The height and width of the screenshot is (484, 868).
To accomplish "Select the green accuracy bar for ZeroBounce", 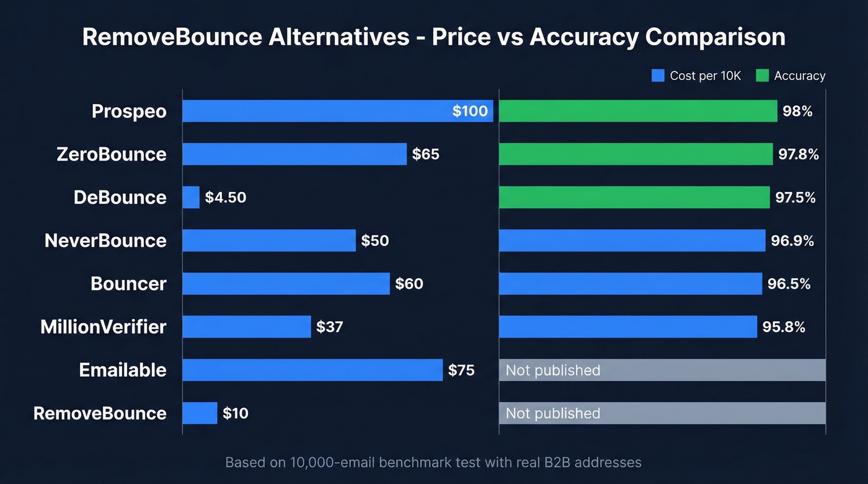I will point(635,154).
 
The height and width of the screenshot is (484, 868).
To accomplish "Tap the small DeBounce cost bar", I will point(191,198).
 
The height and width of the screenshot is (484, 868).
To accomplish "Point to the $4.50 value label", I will point(226,198).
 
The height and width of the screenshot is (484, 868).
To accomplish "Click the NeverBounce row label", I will point(105,240).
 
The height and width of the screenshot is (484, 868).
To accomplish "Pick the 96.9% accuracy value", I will point(792,240).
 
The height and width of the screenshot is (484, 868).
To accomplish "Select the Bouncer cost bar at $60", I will point(286,284).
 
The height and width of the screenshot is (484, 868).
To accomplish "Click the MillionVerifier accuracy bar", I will point(627,327).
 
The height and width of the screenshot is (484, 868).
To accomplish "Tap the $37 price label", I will point(329,327).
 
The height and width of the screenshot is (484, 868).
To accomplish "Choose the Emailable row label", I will point(123,370).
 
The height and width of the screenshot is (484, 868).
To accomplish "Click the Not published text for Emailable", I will point(553,370).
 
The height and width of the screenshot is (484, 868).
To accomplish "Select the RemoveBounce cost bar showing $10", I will point(200,413).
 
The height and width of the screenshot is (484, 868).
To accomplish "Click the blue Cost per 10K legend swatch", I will point(658,76).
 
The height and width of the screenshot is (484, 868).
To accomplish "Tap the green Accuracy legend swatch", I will point(762,76).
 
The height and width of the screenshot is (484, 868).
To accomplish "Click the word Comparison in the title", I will point(715,37).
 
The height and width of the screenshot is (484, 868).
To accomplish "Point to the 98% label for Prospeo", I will point(797,111).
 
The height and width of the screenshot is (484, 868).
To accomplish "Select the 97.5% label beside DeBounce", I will point(795,198).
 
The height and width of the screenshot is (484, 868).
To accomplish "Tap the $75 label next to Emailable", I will point(461,370).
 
